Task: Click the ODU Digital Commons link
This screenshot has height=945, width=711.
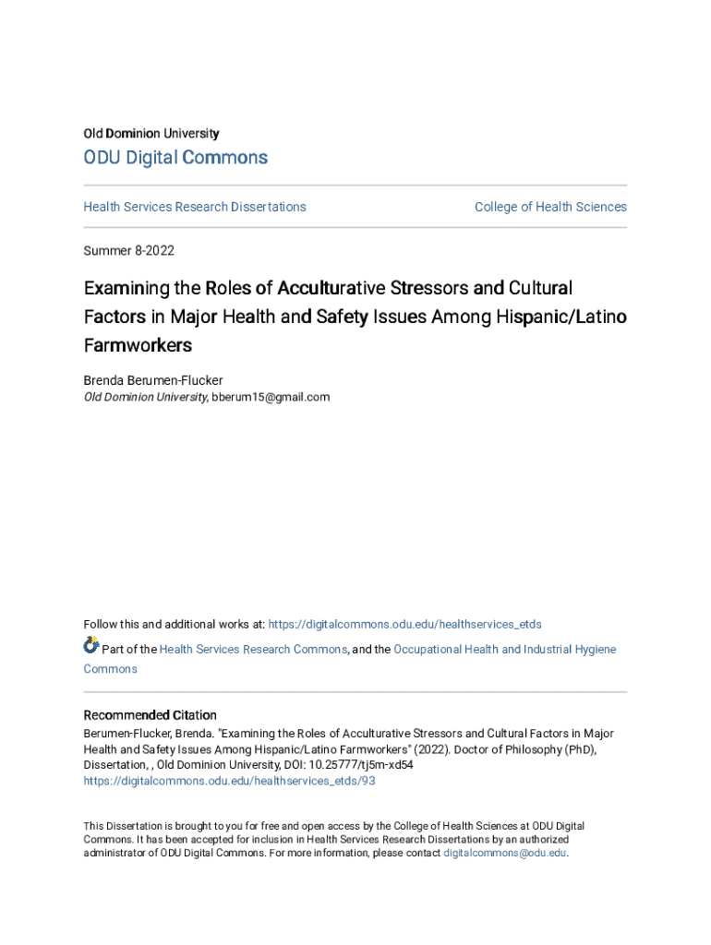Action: click(x=175, y=158)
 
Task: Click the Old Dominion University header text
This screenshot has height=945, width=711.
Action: click(x=151, y=134)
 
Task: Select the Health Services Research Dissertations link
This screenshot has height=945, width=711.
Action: click(x=195, y=207)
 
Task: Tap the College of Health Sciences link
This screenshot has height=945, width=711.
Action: click(x=550, y=207)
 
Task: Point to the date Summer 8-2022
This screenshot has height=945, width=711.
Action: click(x=128, y=251)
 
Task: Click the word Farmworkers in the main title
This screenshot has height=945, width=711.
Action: click(x=138, y=346)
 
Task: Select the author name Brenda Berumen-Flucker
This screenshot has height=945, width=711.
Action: click(x=153, y=380)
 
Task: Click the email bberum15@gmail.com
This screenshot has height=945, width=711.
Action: click(x=271, y=398)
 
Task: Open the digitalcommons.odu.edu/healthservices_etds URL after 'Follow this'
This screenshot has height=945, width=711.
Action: click(x=404, y=625)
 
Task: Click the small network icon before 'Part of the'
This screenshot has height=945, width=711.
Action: click(x=91, y=646)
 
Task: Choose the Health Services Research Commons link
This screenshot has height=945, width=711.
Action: click(x=253, y=650)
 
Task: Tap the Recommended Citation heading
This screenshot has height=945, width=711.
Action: click(x=151, y=715)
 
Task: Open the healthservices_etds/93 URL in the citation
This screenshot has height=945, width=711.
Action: click(x=229, y=781)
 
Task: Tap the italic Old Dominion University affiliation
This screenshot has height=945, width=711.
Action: click(x=145, y=398)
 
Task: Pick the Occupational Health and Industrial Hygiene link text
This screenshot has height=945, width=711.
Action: click(x=504, y=650)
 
